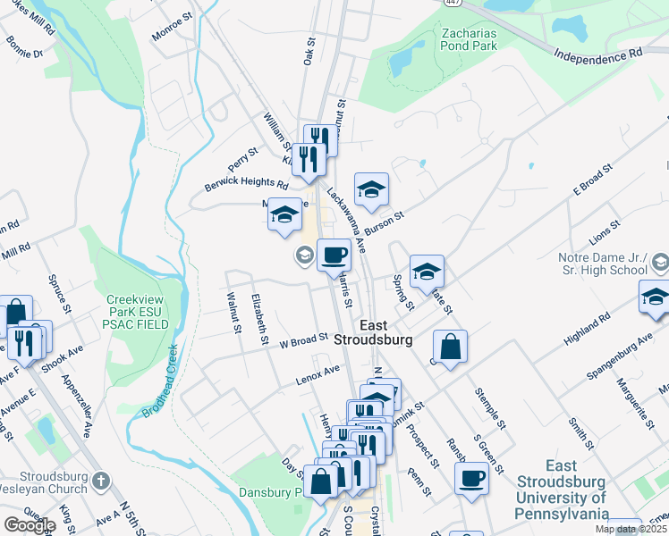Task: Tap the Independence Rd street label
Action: [x=597, y=56]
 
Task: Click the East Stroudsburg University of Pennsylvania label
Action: [x=562, y=490]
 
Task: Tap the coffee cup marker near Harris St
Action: [x=334, y=255]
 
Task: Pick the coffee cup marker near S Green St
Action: [x=471, y=477]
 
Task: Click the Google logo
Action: [x=30, y=525]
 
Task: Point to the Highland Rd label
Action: [x=587, y=329]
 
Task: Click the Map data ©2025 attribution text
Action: [x=631, y=529]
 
